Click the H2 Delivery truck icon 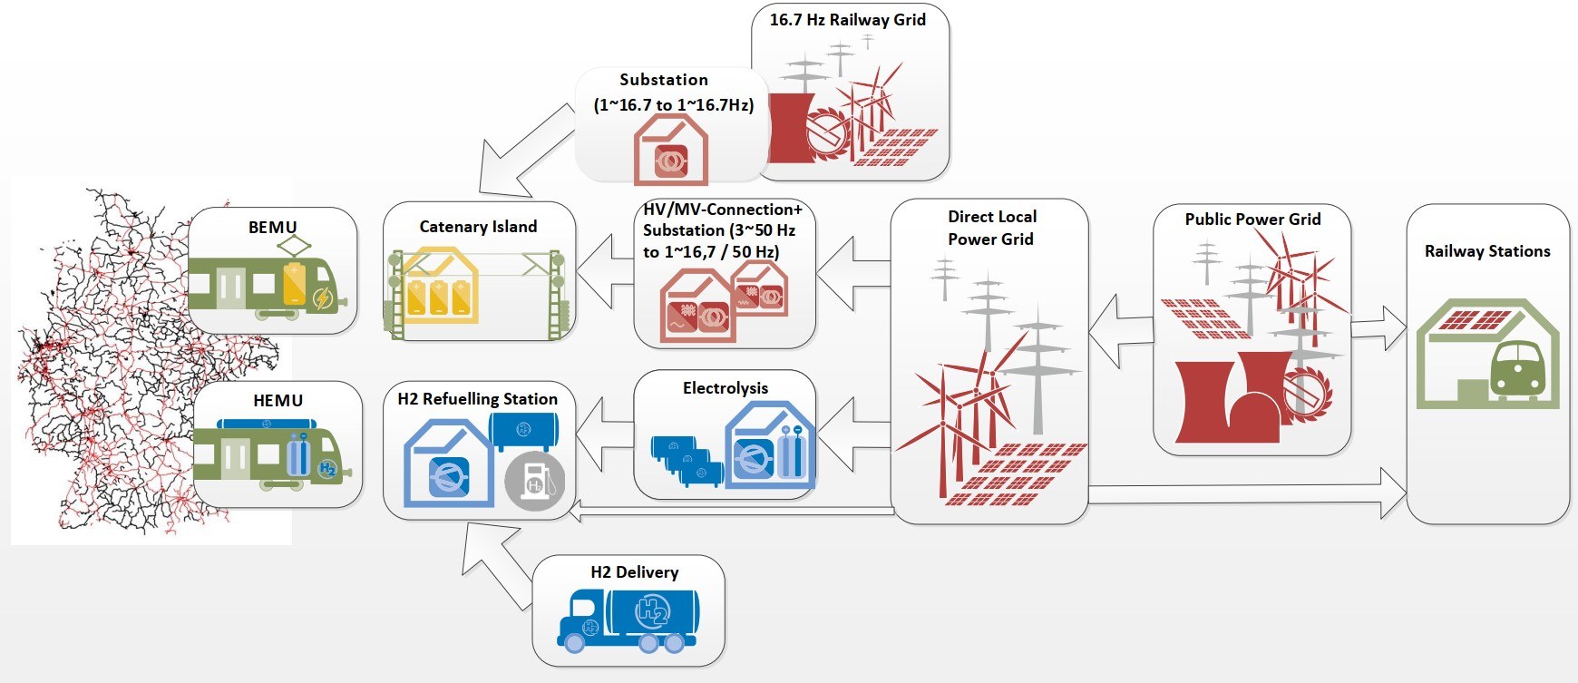[628, 619]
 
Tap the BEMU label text [272, 228]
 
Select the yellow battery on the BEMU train [295, 284]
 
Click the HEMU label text [278, 401]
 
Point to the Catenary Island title [478, 227]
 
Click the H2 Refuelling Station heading [477, 399]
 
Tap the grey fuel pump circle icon [535, 481]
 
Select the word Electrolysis [725, 388]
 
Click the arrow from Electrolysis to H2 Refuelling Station [604, 434]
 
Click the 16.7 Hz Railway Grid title [847, 20]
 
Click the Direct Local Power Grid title [991, 228]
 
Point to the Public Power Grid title [1252, 220]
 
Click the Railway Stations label [1486, 251]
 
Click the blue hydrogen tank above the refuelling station [523, 430]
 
